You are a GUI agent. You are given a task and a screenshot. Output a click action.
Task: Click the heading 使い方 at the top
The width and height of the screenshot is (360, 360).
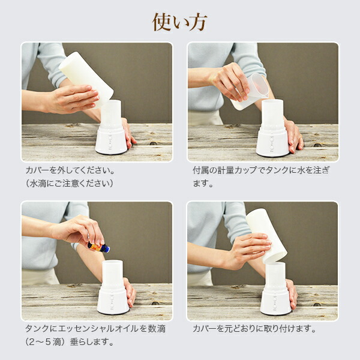(x=180, y=22)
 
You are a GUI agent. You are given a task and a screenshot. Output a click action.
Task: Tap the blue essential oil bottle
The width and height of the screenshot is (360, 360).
(x=99, y=247)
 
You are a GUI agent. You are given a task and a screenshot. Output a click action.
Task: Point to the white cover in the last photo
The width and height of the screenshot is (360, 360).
(x=266, y=236)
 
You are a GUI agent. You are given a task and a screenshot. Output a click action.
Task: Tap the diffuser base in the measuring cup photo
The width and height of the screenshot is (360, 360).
(x=272, y=142)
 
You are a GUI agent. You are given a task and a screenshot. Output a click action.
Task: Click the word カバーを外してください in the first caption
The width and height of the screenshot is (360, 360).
(x=70, y=170)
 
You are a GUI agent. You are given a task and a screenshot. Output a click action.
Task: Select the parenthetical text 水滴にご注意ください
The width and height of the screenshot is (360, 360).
(x=70, y=184)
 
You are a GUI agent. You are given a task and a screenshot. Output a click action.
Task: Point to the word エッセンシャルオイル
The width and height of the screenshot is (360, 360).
(x=98, y=329)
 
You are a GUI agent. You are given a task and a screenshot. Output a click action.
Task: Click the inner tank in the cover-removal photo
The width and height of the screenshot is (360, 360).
(x=111, y=113)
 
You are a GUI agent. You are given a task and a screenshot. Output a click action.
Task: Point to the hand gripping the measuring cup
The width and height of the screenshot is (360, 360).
(x=231, y=82)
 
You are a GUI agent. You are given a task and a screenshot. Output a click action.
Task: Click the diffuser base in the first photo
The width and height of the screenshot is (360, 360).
(x=112, y=140)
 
